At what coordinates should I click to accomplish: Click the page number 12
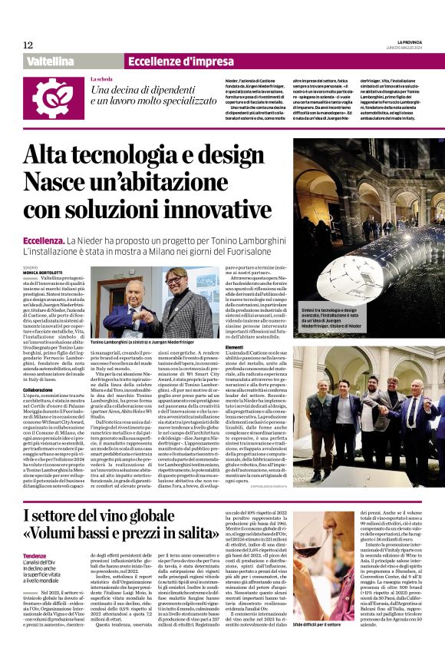(x=28, y=45)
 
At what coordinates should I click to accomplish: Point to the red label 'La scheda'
(x=103, y=80)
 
